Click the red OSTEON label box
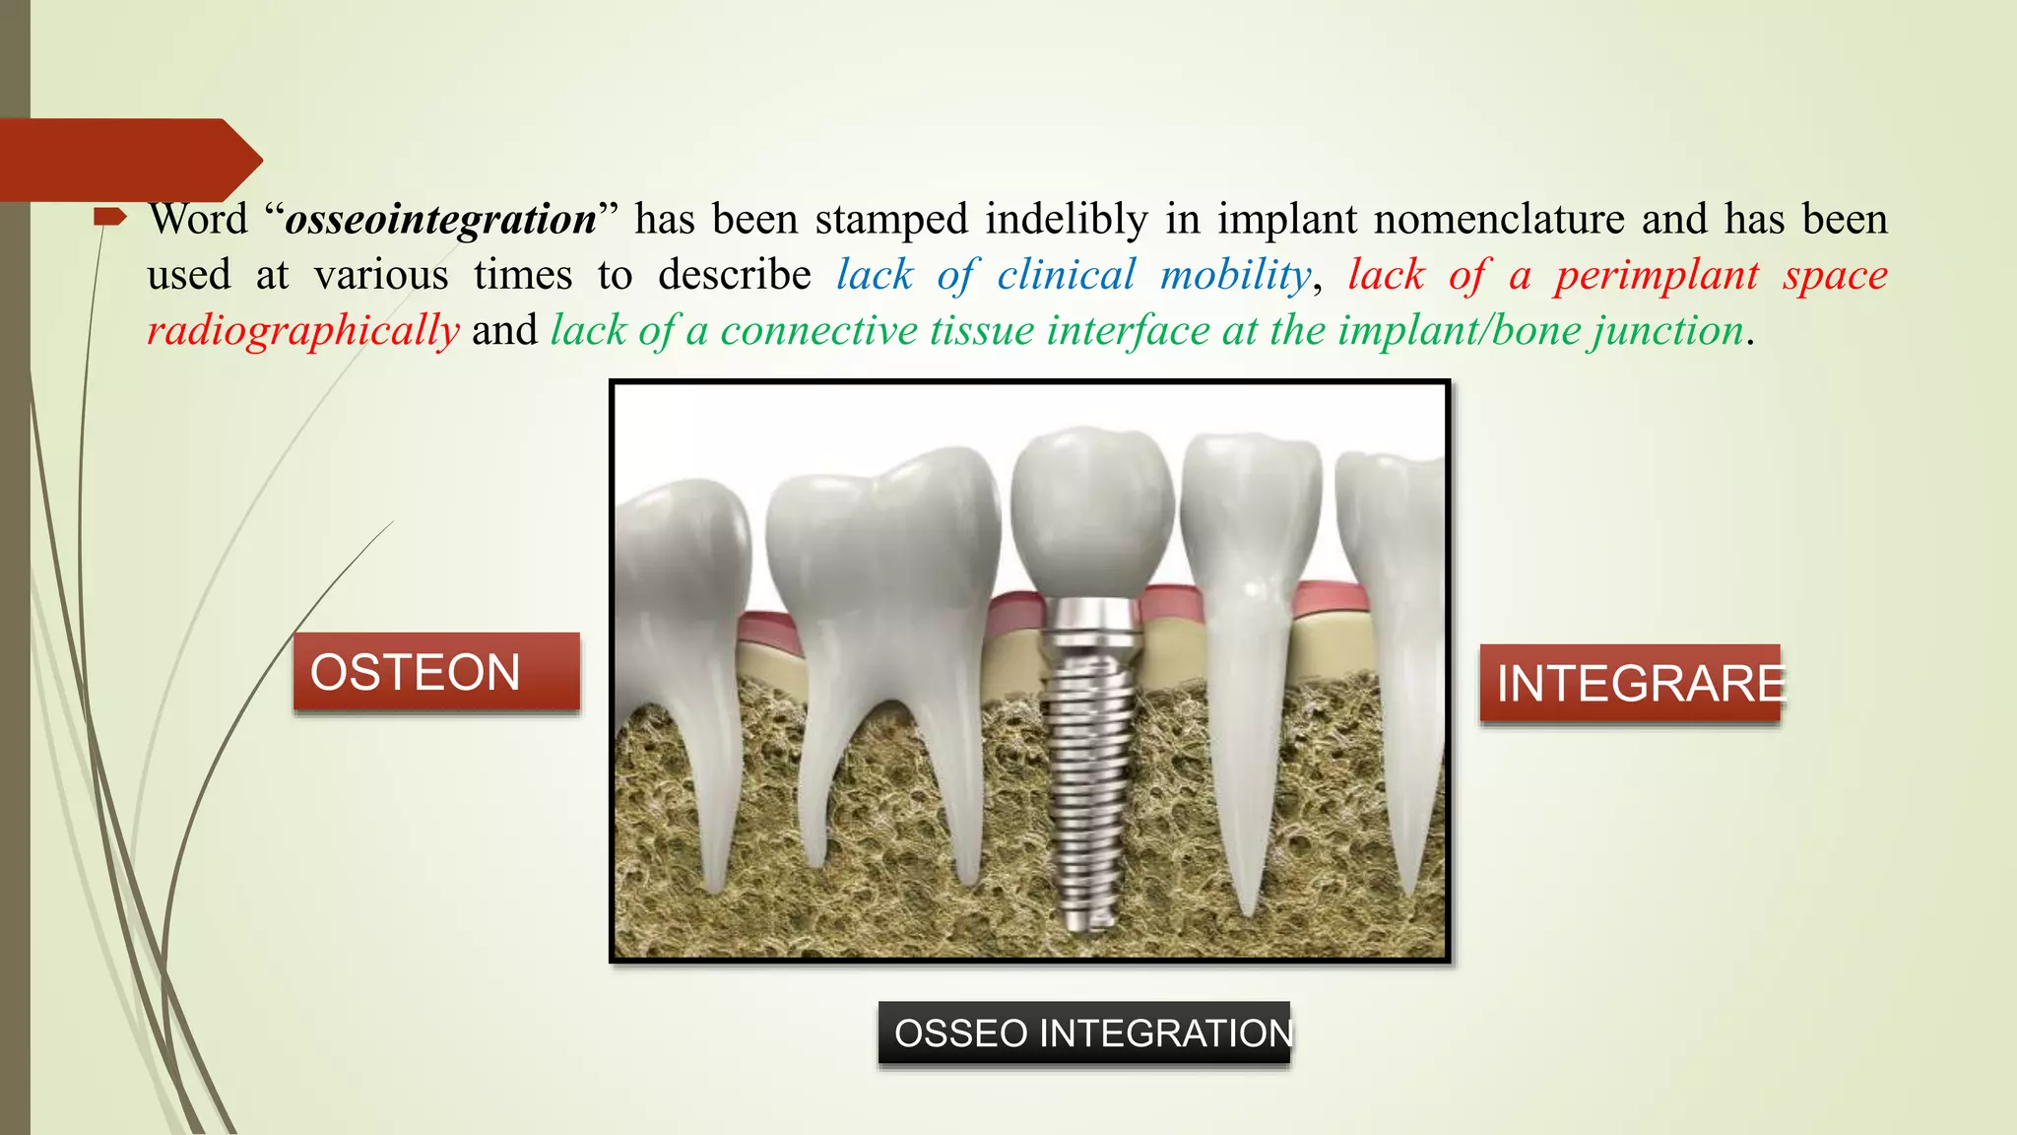pos(436,672)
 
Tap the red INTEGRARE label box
pos(1630,684)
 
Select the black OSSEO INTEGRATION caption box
pos(1083,1033)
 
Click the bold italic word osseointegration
pos(441,219)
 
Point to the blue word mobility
pos(1235,275)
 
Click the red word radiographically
pos(303,331)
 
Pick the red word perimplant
pos(1657,275)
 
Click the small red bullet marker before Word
pos(108,217)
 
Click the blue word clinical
pos(1066,275)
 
